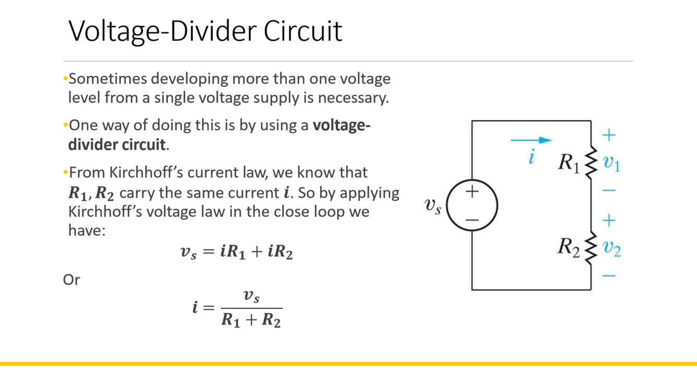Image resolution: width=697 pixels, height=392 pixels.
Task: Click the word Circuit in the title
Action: coord(303,31)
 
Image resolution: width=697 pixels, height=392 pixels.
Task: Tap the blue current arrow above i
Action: coord(531,140)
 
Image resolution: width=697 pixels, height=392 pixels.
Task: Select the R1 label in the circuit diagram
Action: coord(569,163)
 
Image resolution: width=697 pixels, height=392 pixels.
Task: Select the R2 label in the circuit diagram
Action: coord(569,246)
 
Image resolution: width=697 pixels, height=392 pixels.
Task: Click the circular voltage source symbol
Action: coord(472,205)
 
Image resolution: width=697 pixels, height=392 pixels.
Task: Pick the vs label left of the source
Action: coord(433,206)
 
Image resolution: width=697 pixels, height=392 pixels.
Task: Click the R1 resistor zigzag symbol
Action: coord(590,162)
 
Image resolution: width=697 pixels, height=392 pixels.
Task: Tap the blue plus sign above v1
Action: coord(609,135)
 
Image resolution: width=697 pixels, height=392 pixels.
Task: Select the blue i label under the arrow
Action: coord(531,157)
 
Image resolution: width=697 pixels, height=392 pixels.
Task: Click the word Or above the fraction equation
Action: coord(72,280)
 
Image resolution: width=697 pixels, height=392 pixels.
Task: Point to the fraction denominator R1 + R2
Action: coord(251,319)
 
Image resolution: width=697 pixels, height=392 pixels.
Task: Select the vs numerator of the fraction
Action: coord(251,296)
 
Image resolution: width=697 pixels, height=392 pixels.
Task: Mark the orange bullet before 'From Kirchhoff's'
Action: coord(65,172)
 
